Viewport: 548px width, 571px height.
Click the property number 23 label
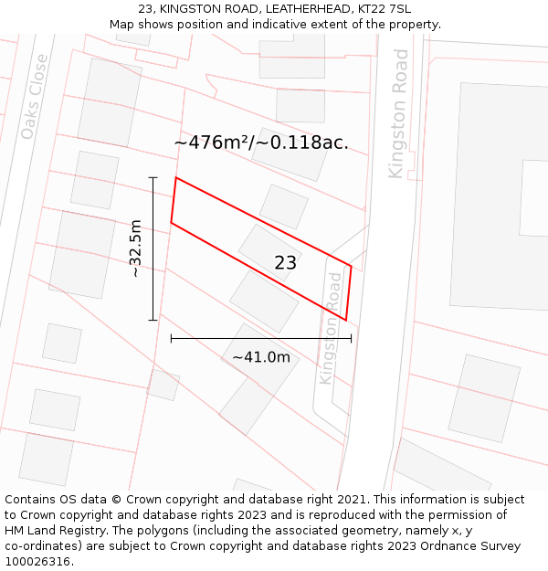[x=286, y=263]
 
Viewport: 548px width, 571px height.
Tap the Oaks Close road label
[x=34, y=97]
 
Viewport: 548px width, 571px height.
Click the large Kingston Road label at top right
[x=398, y=113]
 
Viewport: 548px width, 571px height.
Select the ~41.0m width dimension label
[x=261, y=357]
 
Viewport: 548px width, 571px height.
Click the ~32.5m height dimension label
[x=135, y=248]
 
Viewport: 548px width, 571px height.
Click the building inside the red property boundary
[x=269, y=250]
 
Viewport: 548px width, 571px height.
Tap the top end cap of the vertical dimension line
[x=153, y=177]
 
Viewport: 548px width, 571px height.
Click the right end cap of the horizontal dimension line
[x=351, y=339]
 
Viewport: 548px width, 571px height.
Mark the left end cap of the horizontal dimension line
[x=172, y=339]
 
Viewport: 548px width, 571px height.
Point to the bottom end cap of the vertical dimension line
[x=153, y=320]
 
